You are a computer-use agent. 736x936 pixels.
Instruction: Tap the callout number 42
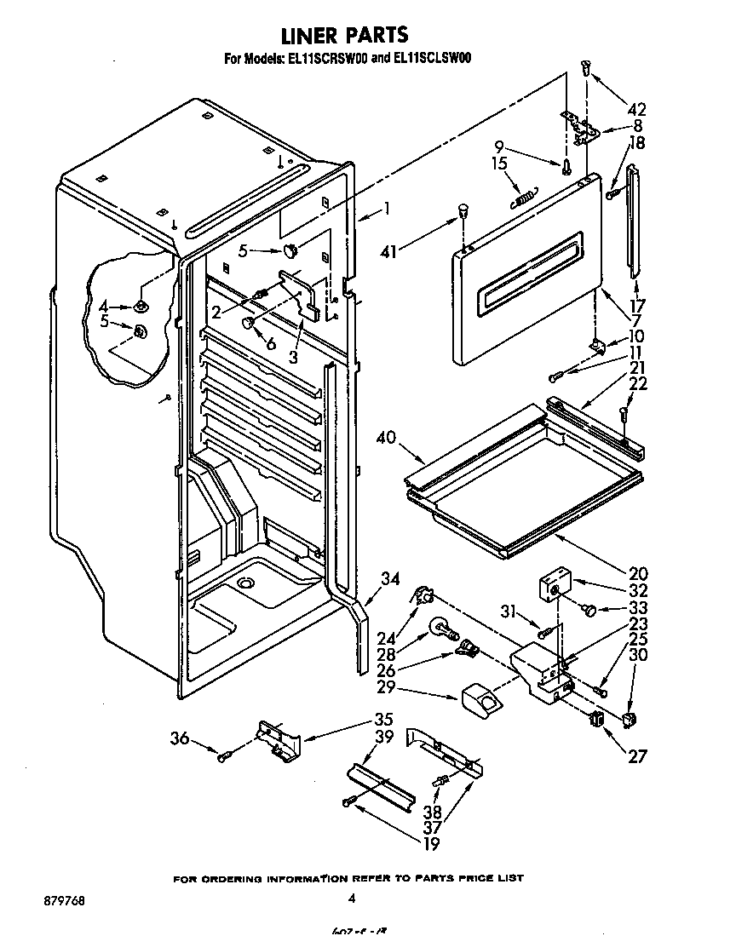635,109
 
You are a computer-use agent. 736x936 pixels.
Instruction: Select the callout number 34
389,580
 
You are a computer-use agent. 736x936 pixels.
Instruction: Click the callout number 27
635,755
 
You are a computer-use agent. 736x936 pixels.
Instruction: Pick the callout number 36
180,739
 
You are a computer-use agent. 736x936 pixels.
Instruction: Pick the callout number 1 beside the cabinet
386,207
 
